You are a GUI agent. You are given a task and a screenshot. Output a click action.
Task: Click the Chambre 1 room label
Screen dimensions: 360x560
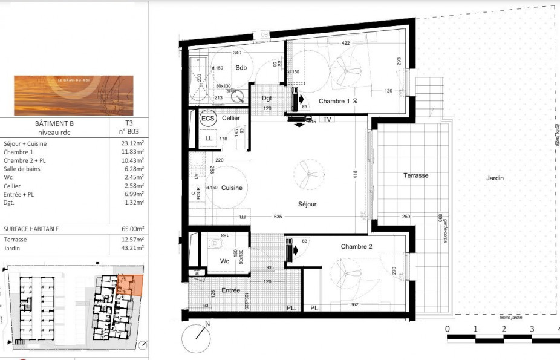click(334, 101)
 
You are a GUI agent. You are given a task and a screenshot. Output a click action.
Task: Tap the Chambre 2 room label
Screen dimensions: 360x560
click(356, 246)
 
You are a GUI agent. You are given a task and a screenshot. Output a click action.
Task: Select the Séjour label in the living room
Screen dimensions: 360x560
click(307, 205)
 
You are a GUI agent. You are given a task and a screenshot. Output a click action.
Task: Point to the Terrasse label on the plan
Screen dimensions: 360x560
click(416, 175)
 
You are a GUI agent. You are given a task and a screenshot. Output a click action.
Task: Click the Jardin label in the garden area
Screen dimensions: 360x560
click(494, 178)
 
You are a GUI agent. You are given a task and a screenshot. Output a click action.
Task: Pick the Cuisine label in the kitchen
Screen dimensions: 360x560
click(231, 188)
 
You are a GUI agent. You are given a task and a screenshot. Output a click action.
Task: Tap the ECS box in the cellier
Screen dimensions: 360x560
click(208, 119)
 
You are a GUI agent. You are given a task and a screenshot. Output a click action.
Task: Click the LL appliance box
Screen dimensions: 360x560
click(208, 139)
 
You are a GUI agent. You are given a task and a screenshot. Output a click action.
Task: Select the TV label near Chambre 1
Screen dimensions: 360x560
click(327, 120)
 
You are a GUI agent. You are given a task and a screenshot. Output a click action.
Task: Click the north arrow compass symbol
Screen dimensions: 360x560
click(197, 338)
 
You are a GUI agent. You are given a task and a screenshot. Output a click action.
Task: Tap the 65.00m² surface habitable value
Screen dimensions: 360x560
click(132, 229)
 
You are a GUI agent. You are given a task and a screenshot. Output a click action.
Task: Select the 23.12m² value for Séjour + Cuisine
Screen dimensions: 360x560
click(132, 144)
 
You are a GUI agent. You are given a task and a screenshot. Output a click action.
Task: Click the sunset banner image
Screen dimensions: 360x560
click(74, 95)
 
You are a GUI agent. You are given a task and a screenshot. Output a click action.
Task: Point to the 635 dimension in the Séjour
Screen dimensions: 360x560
click(278, 217)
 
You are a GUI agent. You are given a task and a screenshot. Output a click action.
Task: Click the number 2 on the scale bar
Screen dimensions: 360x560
click(503, 329)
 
